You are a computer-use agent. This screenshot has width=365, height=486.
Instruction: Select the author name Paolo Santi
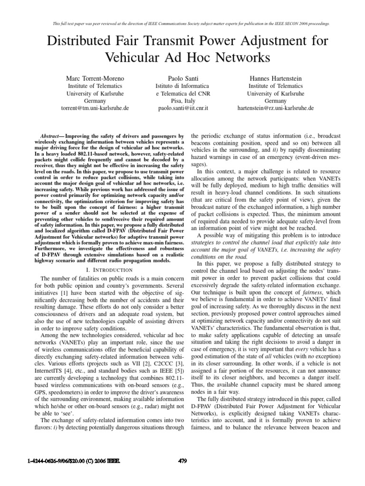tap(182, 77)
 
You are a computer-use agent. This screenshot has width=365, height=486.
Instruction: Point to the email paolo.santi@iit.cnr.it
tap(182, 108)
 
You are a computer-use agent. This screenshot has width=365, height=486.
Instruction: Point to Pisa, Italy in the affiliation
tap(182, 101)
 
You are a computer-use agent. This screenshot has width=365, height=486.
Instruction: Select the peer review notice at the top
tap(182, 23)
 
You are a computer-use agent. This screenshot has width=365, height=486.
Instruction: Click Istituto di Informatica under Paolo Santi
tap(182, 86)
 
